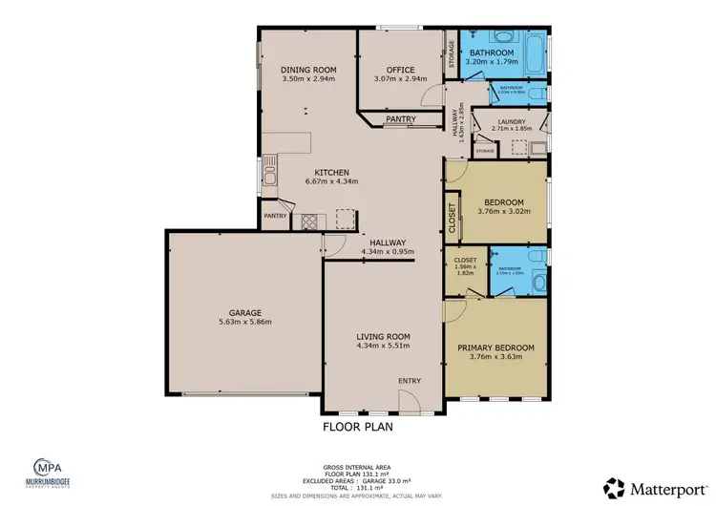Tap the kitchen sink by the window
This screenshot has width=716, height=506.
tap(271, 175)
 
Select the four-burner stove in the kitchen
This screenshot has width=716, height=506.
tap(310, 221)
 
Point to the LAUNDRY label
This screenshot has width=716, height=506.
tap(510, 120)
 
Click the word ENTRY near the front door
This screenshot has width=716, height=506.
tap(410, 381)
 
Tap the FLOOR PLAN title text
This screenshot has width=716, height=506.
tap(358, 427)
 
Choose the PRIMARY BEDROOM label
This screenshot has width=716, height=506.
tap(495, 348)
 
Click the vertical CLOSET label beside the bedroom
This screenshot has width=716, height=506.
tap(452, 218)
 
